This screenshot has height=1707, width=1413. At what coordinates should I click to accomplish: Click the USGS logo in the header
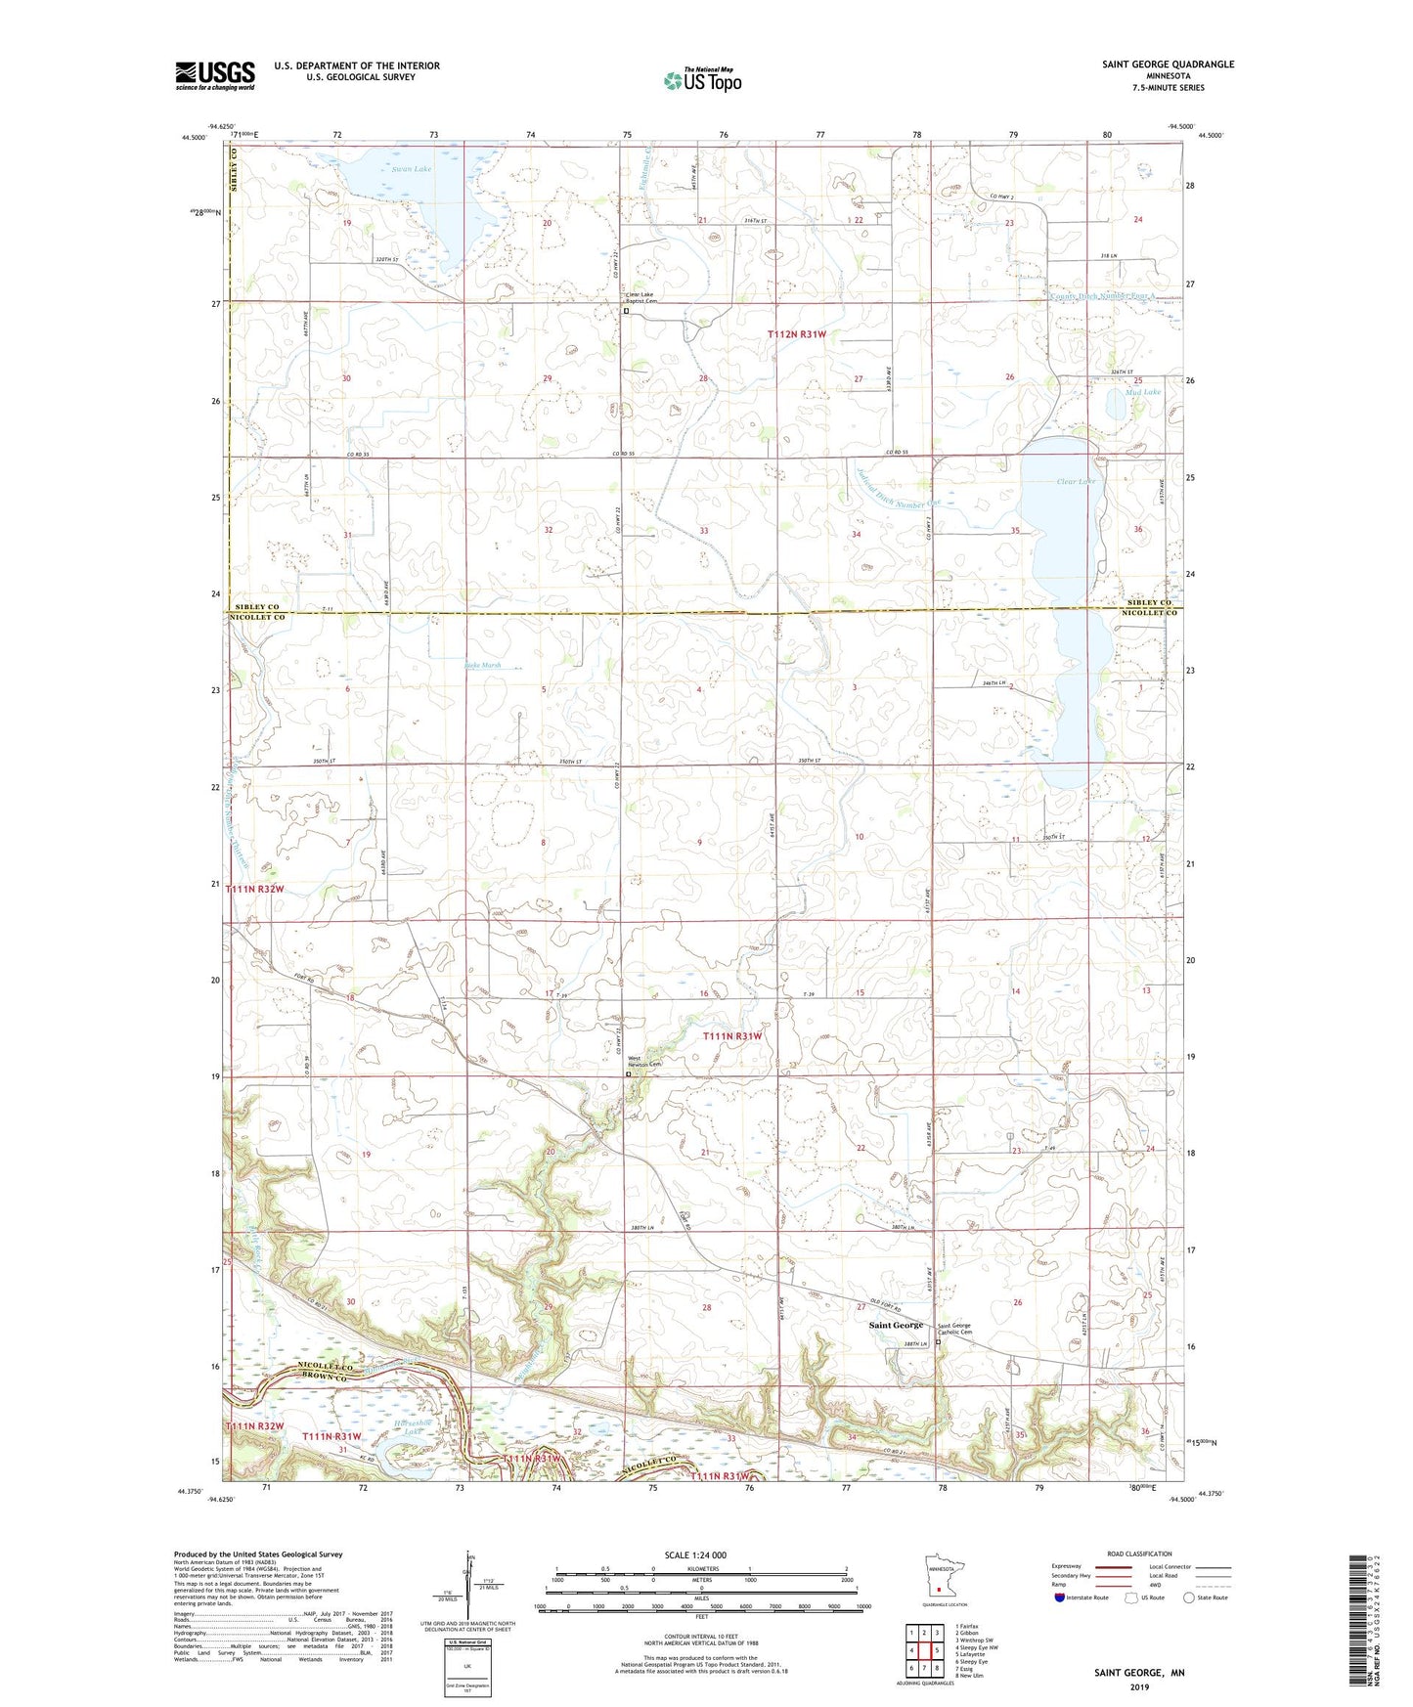[215, 75]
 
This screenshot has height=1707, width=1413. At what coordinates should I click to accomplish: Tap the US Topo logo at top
[701, 79]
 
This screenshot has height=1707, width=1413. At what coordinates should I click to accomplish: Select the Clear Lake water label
[1076, 482]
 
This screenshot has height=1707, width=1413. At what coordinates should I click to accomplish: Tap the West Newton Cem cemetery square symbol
[628, 1073]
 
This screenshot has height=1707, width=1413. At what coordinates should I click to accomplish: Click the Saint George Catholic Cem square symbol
[938, 1342]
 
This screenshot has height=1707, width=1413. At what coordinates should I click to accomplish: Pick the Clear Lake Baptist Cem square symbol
[627, 312]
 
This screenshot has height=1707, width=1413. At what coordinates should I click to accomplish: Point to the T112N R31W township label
[797, 334]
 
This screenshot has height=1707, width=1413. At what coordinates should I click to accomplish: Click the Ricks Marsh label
[482, 666]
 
